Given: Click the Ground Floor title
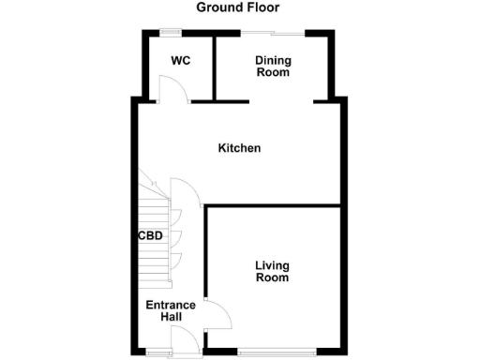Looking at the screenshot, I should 237,7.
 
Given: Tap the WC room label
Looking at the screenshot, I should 181,61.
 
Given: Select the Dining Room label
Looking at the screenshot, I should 273,67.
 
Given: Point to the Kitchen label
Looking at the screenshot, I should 239,148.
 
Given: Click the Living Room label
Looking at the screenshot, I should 272,272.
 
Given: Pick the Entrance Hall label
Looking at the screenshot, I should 171,311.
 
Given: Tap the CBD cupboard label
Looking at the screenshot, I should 150,236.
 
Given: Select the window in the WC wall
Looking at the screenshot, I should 171,33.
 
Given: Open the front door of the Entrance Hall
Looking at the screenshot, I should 186,343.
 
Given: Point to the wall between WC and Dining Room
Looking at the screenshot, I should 215,66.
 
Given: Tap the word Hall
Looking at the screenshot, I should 171,318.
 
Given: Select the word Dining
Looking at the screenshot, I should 273,61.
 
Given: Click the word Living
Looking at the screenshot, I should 272,265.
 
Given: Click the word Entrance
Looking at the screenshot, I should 171,305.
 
